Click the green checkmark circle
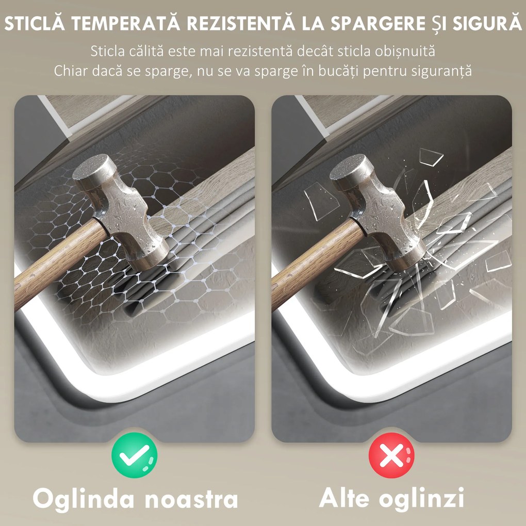click(134, 455)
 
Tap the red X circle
click(391, 455)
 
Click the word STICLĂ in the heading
click(35, 24)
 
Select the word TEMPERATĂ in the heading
click(125, 24)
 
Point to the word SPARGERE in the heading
click(378, 24)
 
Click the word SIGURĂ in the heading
click(487, 24)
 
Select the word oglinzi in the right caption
click(422, 499)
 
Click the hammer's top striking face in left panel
click(94, 167)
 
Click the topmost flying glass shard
click(432, 157)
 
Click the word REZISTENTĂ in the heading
click(241, 24)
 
